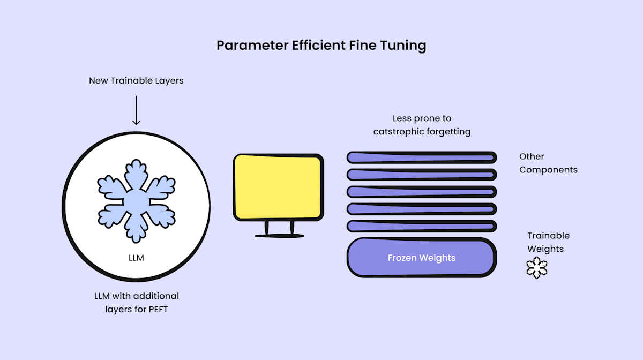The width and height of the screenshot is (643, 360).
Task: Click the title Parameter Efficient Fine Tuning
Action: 321,46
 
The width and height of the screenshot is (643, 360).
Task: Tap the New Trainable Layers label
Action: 136,81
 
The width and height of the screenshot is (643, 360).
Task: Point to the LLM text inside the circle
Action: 136,258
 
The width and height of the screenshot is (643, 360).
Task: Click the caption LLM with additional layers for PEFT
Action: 136,303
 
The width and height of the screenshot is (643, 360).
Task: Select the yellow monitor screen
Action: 278,186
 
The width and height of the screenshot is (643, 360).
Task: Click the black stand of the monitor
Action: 278,230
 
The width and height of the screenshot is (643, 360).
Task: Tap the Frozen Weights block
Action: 421,258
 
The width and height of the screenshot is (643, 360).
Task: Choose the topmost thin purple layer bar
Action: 421,157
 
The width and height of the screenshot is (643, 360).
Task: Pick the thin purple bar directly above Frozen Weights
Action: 421,226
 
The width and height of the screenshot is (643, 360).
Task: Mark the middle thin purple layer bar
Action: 421,192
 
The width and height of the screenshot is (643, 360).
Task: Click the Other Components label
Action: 548,163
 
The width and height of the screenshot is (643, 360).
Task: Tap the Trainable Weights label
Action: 548,242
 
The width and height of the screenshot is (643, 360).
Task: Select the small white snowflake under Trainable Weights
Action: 537,267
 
